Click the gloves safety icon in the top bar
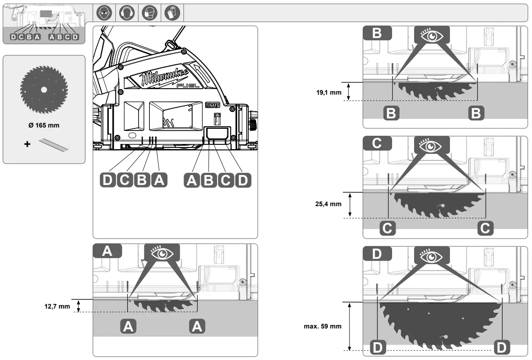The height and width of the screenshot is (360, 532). pos(170,13)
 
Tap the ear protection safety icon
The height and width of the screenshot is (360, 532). pos(124,13)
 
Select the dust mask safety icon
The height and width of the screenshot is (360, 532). pos(147,13)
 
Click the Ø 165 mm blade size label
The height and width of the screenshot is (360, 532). pos(44,126)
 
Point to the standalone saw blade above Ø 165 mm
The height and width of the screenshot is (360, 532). pos(44,89)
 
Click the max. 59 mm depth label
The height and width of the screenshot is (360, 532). pos(323,326)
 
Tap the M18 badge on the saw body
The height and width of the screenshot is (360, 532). pos(209,105)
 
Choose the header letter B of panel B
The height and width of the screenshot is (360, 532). pos(377,33)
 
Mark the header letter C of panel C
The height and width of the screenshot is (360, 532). pos(377,143)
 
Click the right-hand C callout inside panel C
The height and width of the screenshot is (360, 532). pos(486,228)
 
